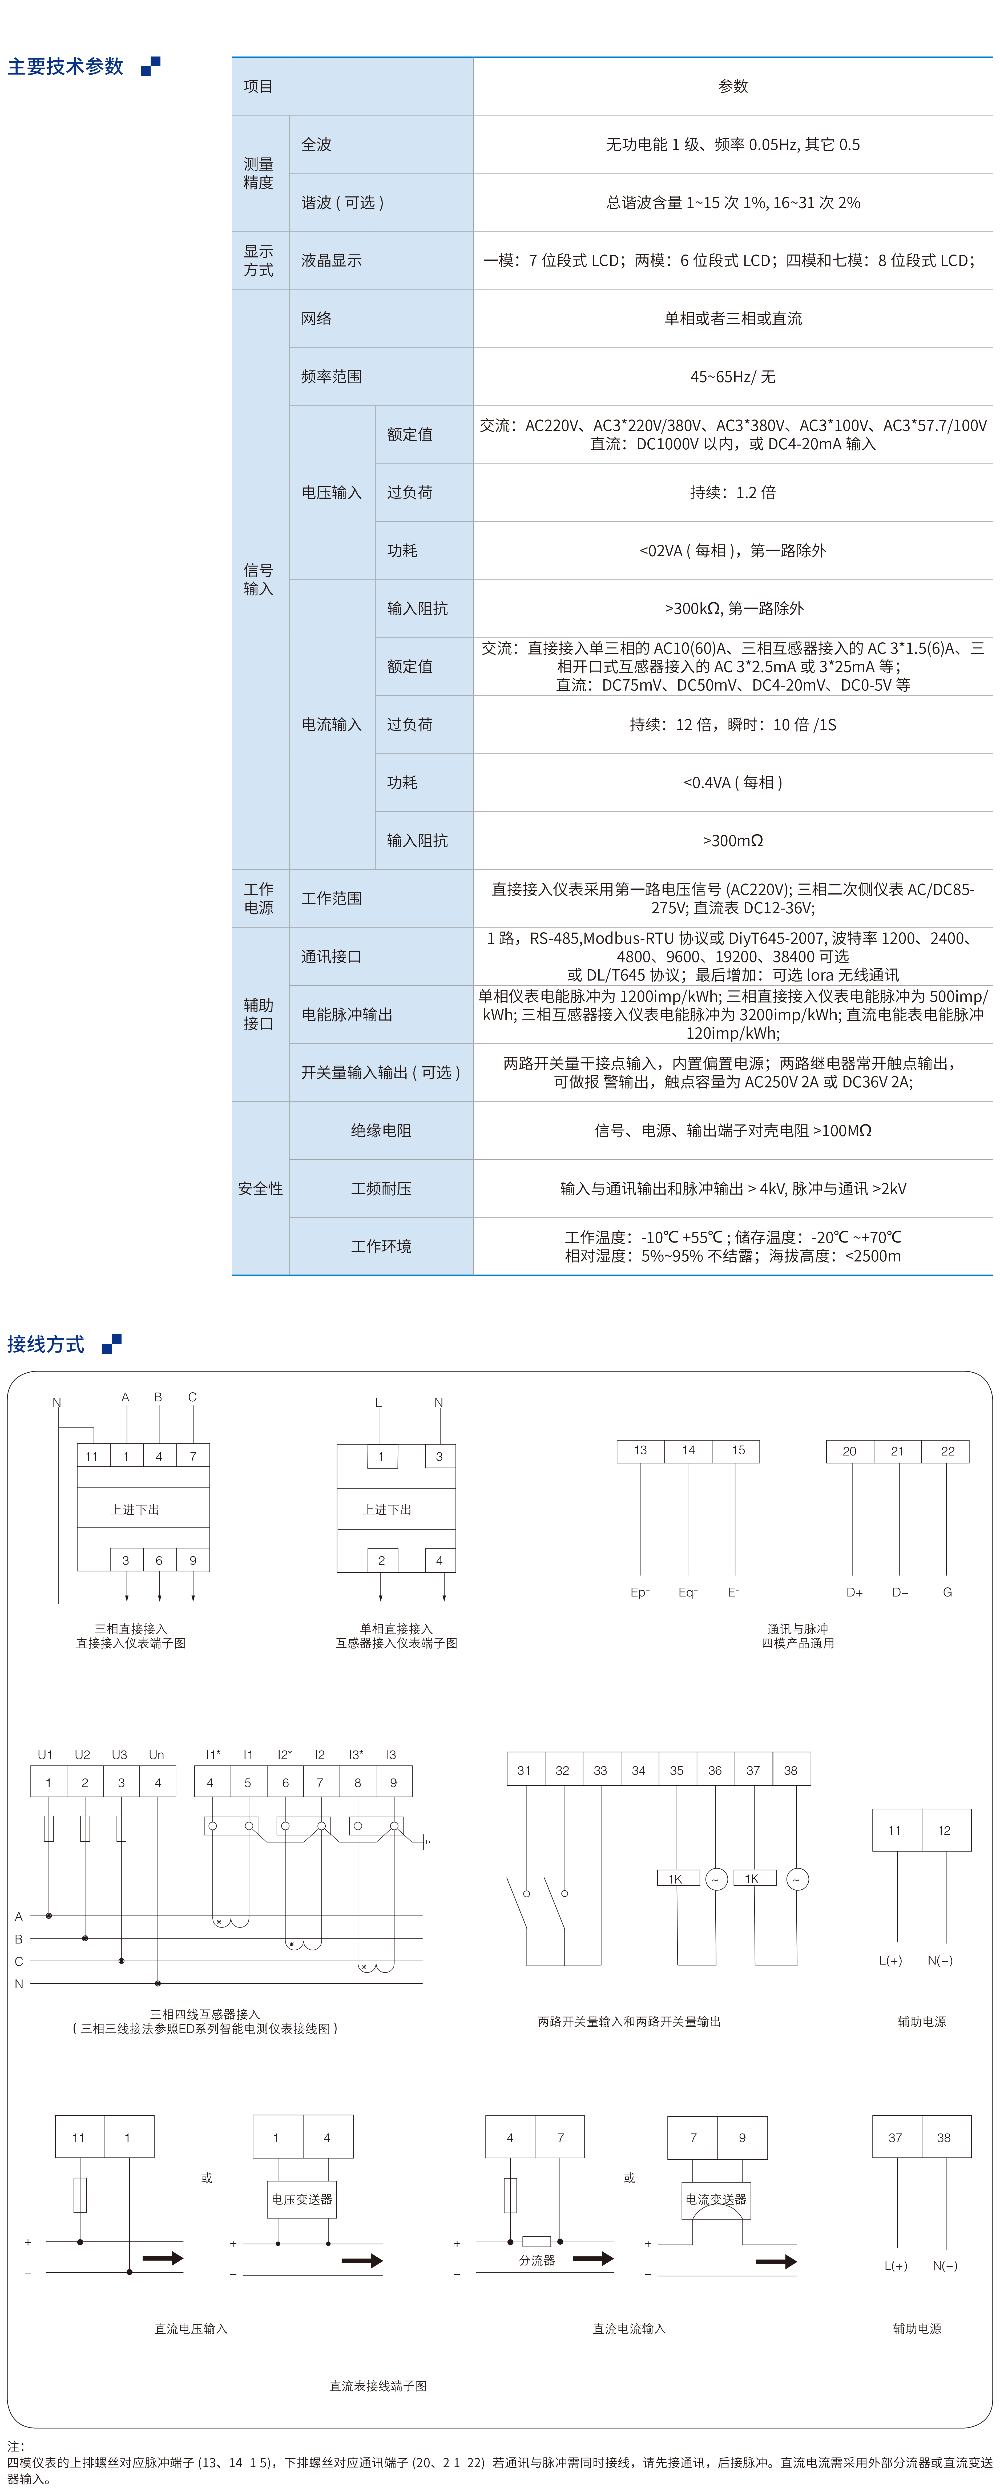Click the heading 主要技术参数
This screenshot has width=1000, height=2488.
point(66,67)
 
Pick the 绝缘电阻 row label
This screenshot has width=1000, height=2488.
point(381,1130)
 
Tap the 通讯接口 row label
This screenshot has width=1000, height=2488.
point(331,956)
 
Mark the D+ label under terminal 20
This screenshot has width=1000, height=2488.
point(854,1592)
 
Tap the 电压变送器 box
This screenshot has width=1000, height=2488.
point(301,2199)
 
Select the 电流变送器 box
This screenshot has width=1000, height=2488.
point(716,2199)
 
